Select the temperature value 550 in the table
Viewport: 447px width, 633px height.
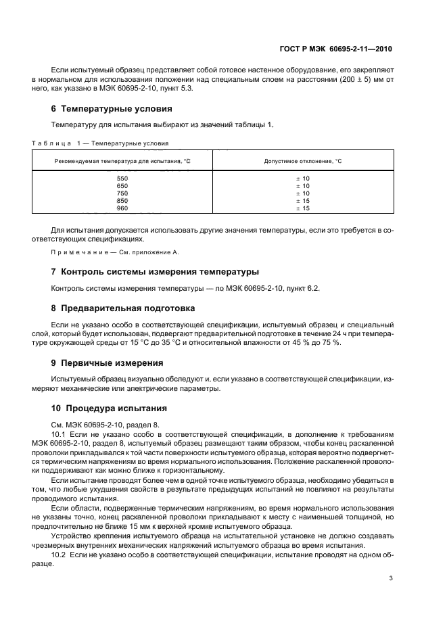tap(122, 178)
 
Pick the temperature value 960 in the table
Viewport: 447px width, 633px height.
tap(122, 208)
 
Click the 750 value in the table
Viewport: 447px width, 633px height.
tap(122, 193)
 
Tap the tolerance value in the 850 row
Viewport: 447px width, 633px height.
tap(302, 201)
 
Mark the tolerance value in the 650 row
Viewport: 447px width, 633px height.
tap(302, 185)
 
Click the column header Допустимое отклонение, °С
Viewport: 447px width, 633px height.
tap(302, 161)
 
